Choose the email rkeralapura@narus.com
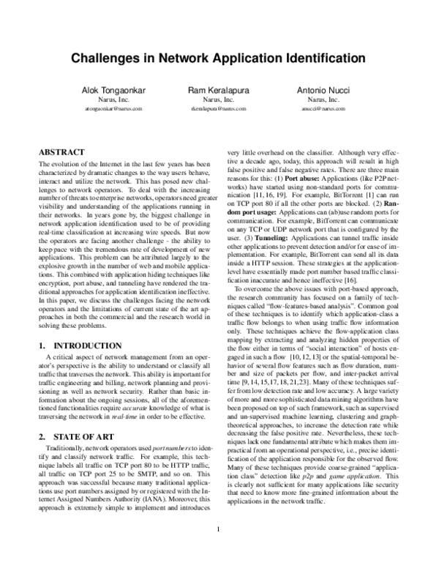[218, 108]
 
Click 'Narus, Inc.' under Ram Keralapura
[218, 98]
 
